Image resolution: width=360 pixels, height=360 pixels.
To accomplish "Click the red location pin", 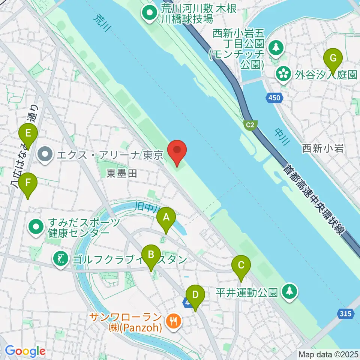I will (177, 151).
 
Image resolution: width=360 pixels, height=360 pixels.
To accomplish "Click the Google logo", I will (25, 351).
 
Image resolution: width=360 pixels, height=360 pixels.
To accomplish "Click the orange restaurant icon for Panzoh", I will (173, 321).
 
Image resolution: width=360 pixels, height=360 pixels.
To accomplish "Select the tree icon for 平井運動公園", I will (289, 291).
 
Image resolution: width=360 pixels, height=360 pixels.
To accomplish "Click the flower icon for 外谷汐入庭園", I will (283, 73).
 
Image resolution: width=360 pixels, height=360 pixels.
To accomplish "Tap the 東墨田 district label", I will (118, 173).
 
